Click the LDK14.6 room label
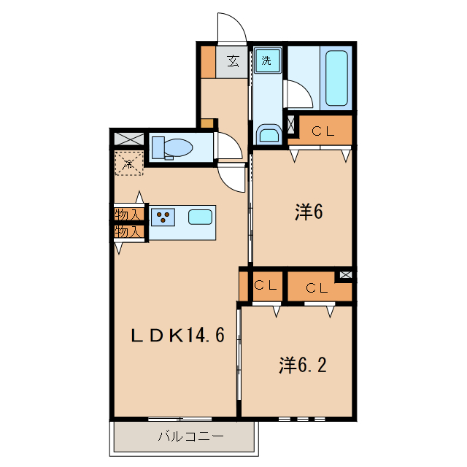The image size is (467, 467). pyautogui.click(x=177, y=335)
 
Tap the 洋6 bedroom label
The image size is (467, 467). pyautogui.click(x=309, y=212)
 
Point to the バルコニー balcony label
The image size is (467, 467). pyautogui.click(x=185, y=438)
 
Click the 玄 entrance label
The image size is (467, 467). pyautogui.click(x=233, y=61)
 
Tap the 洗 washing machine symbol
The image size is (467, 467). pyautogui.click(x=267, y=61)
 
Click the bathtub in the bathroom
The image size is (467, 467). pyautogui.click(x=336, y=78)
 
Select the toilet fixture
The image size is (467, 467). pyautogui.click(x=173, y=147)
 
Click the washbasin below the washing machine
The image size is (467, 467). pyautogui.click(x=269, y=134)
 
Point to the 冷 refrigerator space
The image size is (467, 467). pyautogui.click(x=128, y=165)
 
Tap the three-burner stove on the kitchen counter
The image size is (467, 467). pyautogui.click(x=164, y=216)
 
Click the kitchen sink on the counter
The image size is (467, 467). pyautogui.click(x=200, y=216)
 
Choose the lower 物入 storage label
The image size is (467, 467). pyautogui.click(x=128, y=232)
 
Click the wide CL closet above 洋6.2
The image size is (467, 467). pyautogui.click(x=317, y=287)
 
